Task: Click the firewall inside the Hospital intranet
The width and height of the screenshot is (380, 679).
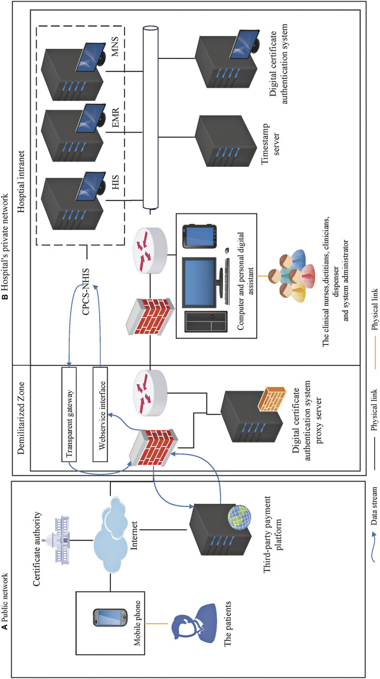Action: pyautogui.click(x=149, y=312)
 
